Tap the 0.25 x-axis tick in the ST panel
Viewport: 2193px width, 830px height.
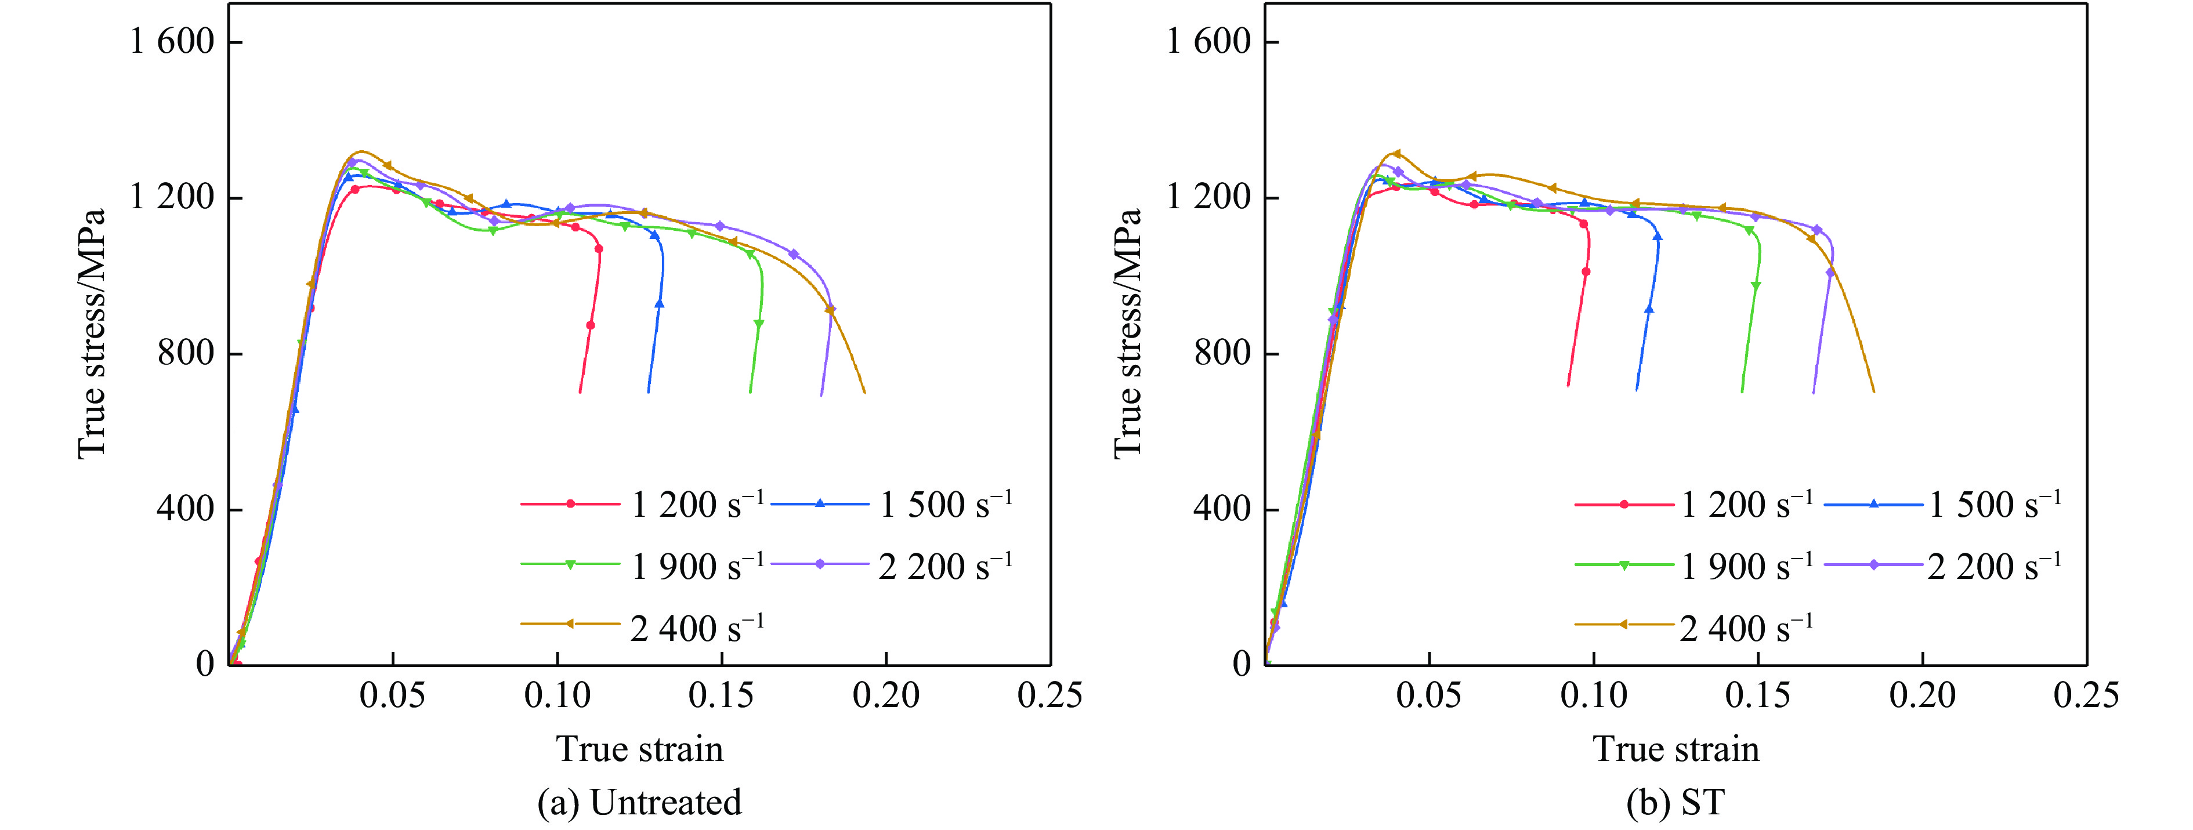pos(2086,695)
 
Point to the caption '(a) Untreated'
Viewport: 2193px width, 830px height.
pos(639,803)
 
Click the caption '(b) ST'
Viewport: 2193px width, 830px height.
pos(1675,803)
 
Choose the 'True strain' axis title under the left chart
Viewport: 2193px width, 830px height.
pos(639,749)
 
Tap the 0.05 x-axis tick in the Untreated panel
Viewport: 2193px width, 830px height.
pos(392,695)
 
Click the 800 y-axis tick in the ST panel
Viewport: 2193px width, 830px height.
pos(1222,353)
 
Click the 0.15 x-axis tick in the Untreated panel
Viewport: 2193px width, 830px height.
pos(721,695)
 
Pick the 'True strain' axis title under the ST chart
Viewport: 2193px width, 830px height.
pos(1675,749)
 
